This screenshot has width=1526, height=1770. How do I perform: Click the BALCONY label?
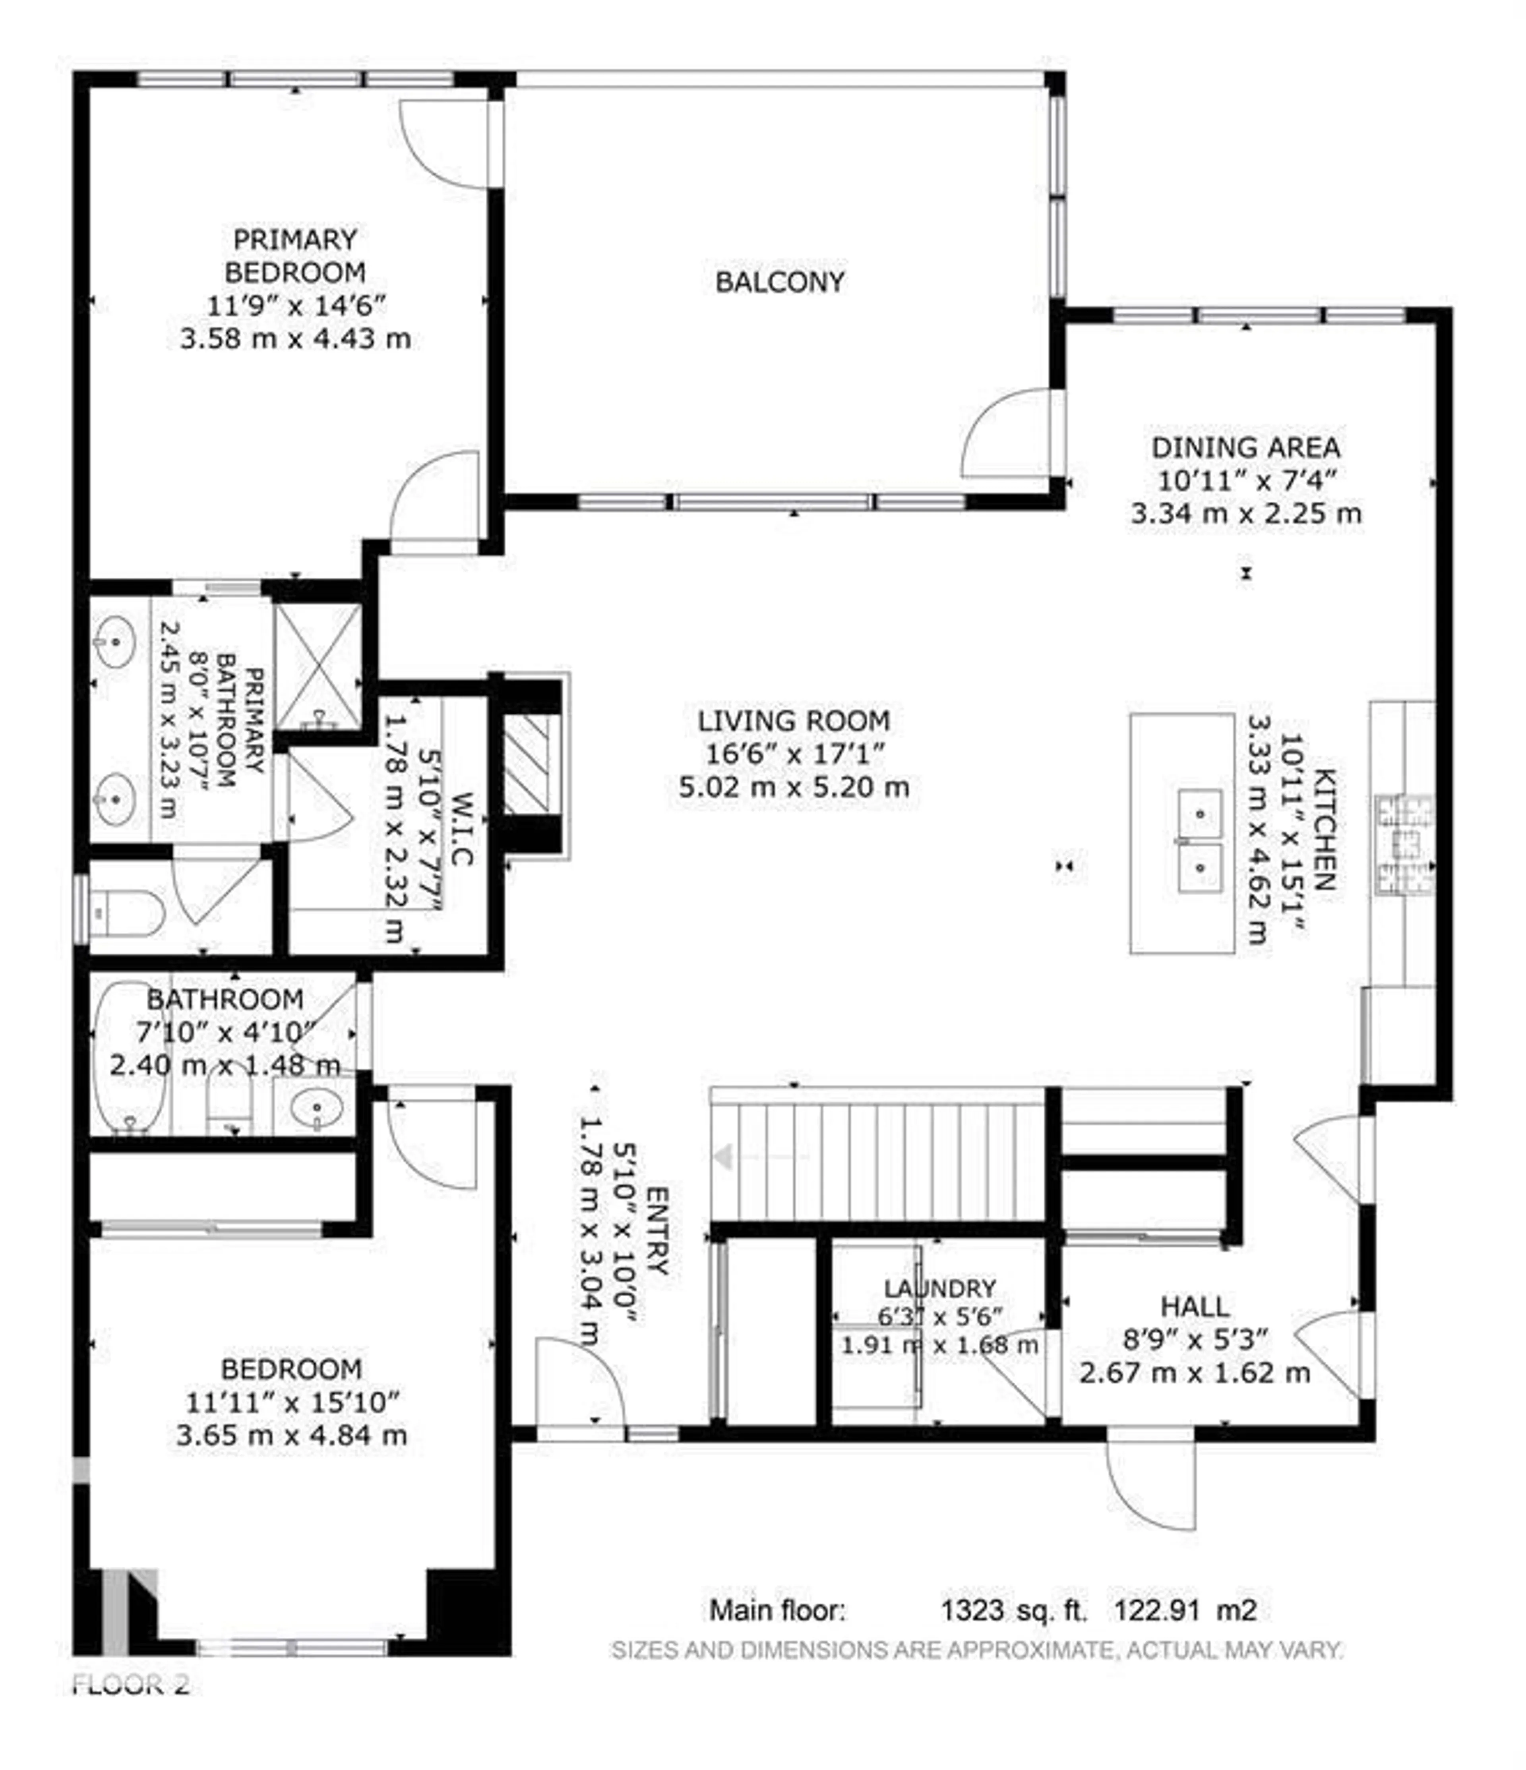tap(779, 282)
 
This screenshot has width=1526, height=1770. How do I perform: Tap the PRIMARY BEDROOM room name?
tap(295, 255)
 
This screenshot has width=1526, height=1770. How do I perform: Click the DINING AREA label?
tap(1245, 448)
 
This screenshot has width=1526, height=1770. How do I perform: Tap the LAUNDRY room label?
tap(939, 1288)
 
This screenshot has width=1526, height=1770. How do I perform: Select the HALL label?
tap(1195, 1306)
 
